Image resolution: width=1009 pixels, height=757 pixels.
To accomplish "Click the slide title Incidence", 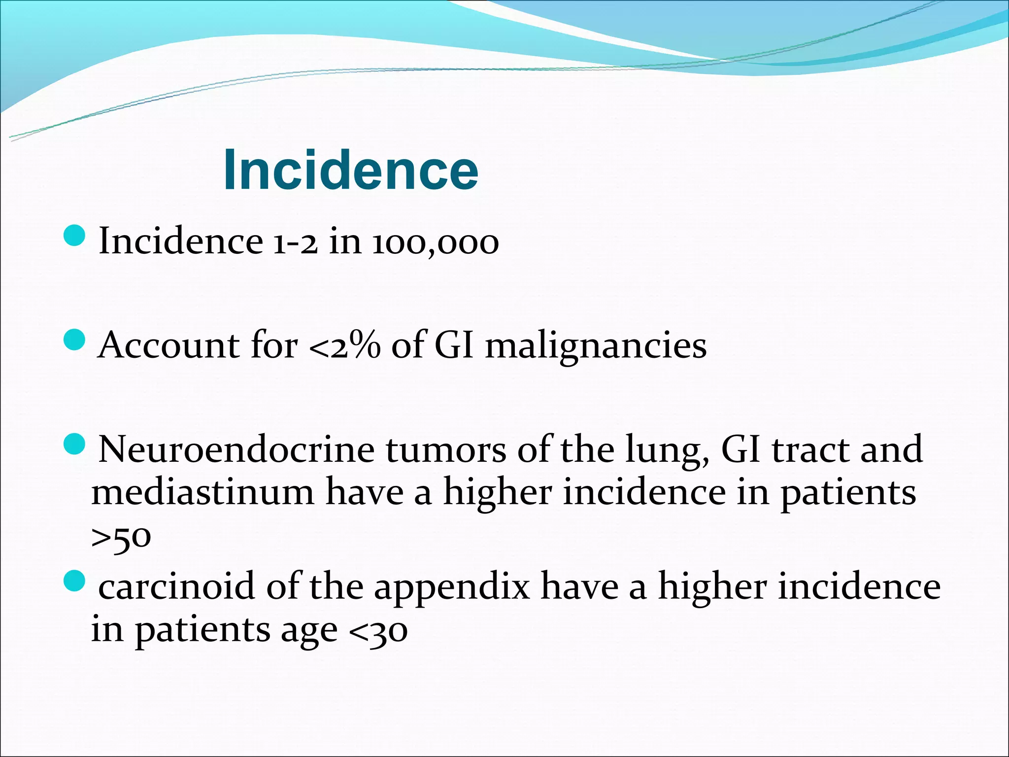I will (x=350, y=170).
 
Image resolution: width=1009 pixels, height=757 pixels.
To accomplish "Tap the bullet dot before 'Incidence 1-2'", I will (x=75, y=236).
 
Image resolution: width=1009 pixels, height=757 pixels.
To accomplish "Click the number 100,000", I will (x=435, y=243).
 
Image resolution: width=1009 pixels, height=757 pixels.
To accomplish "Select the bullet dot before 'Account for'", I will (x=75, y=340).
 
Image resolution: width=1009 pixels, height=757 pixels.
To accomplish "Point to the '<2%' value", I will (x=344, y=345).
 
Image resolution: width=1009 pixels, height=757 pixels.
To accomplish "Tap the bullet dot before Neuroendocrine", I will (x=75, y=445).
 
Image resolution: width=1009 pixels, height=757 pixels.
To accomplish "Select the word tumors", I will (x=445, y=449).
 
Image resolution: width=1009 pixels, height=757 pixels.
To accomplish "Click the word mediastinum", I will (x=202, y=492).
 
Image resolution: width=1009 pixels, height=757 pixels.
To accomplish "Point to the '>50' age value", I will (x=121, y=538).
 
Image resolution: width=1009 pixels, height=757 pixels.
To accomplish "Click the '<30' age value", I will (x=378, y=631).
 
